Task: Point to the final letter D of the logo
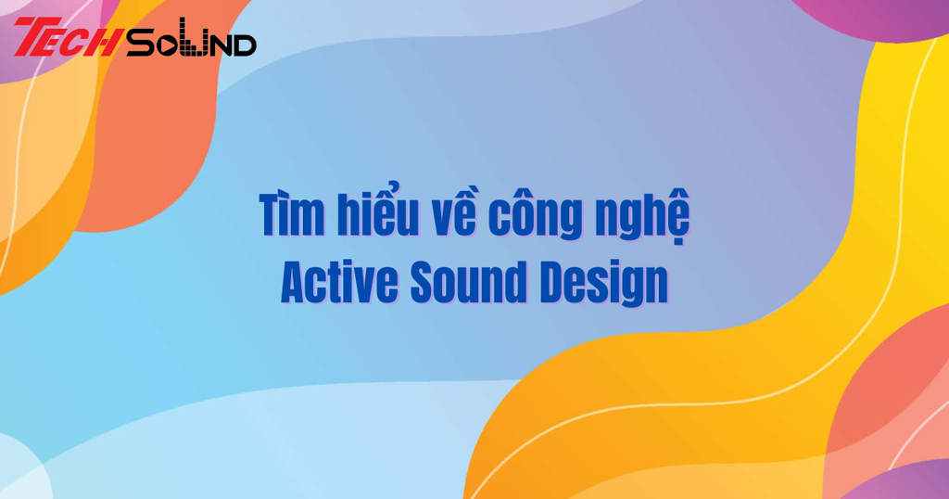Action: click(243, 44)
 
